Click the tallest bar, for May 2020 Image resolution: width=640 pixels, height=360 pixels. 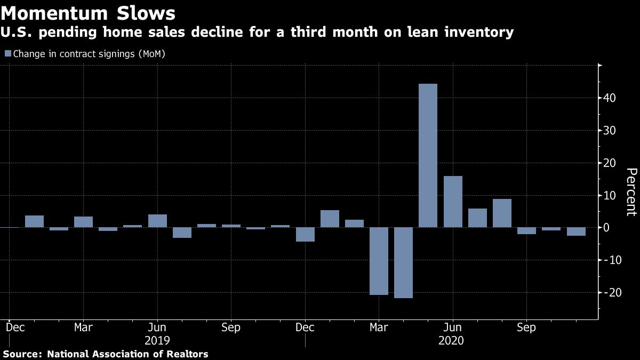pyautogui.click(x=428, y=155)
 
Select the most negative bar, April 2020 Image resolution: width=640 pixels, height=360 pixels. pyautogui.click(x=403, y=262)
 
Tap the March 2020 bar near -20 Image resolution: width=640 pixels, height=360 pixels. pyautogui.click(x=379, y=261)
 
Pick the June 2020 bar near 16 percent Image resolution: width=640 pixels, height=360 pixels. pyautogui.click(x=453, y=202)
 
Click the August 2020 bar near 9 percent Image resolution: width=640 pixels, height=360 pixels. pyautogui.click(x=502, y=213)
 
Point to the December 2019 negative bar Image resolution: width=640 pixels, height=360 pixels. pyautogui.click(x=305, y=234)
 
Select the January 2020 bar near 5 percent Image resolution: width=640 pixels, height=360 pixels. pyautogui.click(x=330, y=219)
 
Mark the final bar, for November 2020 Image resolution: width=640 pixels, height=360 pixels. pyautogui.click(x=576, y=231)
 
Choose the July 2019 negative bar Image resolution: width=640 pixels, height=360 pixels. pyautogui.click(x=182, y=233)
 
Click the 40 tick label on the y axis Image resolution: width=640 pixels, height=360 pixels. pyautogui.click(x=610, y=98)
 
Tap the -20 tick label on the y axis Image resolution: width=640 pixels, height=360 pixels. pyautogui.click(x=607, y=293)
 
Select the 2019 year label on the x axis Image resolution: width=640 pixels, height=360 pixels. pyautogui.click(x=157, y=340)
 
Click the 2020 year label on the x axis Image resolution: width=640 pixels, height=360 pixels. pyautogui.click(x=452, y=340)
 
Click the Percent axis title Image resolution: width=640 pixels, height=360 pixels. pyautogui.click(x=631, y=192)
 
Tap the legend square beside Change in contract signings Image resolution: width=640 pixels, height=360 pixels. pyautogui.click(x=7, y=53)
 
